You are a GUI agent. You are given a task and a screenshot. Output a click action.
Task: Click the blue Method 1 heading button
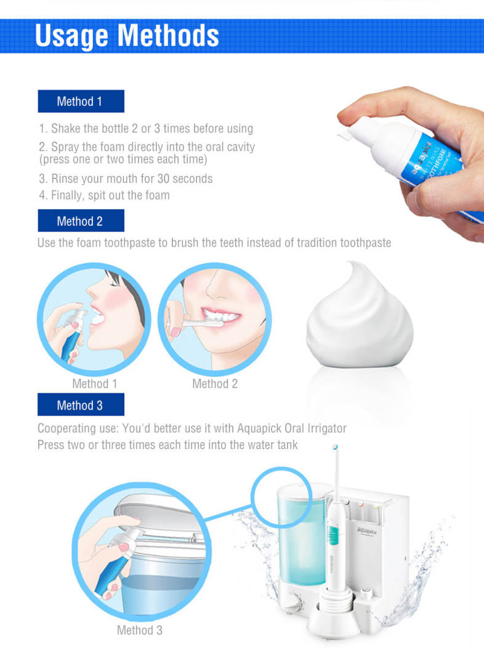(x=81, y=101)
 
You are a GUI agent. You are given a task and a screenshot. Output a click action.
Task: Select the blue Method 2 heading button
(x=81, y=221)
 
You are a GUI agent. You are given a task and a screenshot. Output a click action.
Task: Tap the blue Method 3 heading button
(x=81, y=405)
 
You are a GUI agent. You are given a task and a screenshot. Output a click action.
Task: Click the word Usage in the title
(x=71, y=36)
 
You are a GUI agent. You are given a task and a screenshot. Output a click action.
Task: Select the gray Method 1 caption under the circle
(x=95, y=384)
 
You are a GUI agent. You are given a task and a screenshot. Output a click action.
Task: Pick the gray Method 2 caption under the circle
(x=215, y=384)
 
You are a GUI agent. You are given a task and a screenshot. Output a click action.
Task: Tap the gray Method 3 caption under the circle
(x=139, y=630)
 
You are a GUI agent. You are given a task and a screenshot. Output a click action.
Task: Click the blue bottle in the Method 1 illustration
(x=71, y=336)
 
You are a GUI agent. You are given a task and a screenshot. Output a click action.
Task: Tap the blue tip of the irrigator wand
(x=335, y=447)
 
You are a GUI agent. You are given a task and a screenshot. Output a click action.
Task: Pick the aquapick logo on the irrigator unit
(x=368, y=530)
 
